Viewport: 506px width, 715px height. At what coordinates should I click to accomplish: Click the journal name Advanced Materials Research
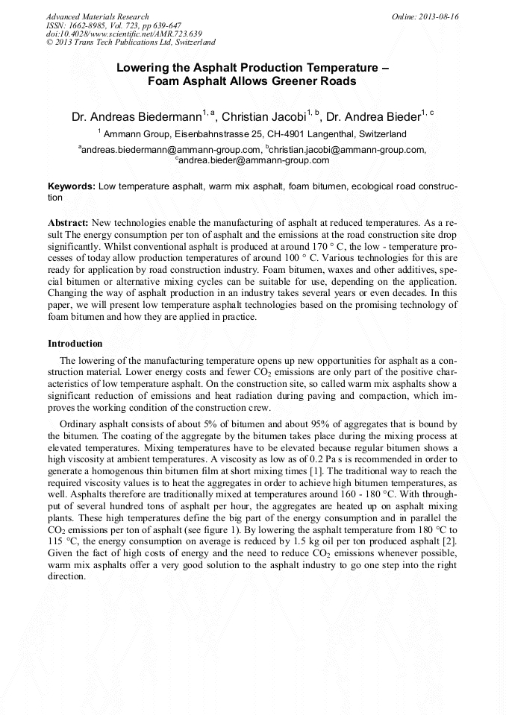97,16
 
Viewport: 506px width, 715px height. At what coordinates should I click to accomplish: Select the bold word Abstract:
69,223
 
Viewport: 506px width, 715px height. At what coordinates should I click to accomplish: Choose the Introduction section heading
75,344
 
